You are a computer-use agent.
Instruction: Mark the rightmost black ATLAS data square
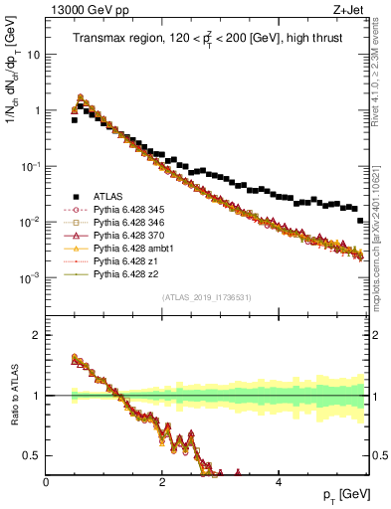point(360,221)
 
